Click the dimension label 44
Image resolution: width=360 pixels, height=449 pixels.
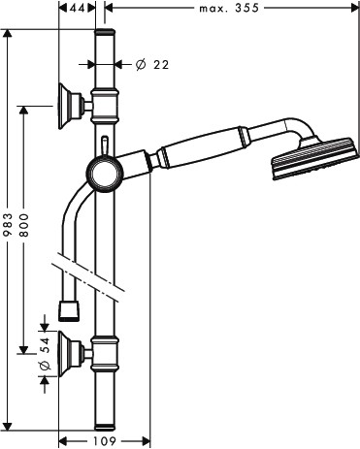coord(77,8)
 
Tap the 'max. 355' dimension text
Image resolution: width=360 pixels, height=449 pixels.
coord(229,8)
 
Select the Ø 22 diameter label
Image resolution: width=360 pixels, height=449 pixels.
coord(152,65)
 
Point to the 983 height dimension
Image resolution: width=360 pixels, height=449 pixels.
coord(8,224)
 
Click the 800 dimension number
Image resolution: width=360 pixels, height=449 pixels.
coord(23,225)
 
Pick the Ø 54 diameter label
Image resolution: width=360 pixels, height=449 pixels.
coord(45,354)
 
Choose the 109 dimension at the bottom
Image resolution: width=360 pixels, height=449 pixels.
coord(105,441)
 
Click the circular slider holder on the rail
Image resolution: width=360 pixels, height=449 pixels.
coord(105,174)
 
